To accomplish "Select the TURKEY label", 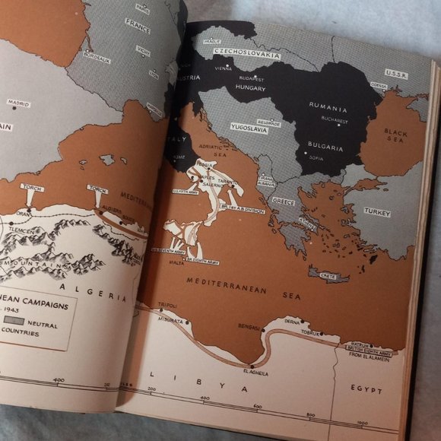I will pyautogui.click(x=376, y=212).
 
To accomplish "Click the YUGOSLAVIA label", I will pyautogui.click(x=248, y=128).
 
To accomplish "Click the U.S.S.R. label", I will pyautogui.click(x=396, y=73).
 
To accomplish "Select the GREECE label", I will pyautogui.click(x=284, y=202).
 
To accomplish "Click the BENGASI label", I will pyautogui.click(x=249, y=326).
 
